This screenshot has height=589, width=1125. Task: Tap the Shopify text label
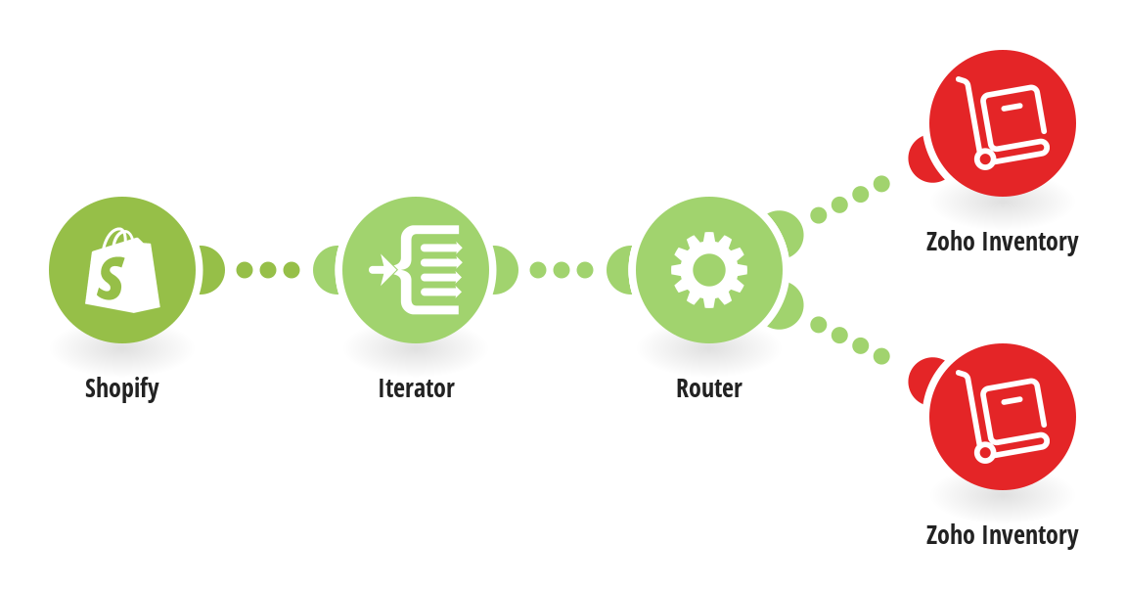tap(122, 388)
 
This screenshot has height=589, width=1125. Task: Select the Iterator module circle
tap(416, 270)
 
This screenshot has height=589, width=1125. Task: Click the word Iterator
tap(416, 388)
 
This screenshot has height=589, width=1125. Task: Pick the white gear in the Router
tap(709, 270)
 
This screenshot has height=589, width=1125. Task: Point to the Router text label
tap(709, 388)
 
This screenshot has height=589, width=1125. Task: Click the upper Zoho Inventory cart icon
tap(1003, 122)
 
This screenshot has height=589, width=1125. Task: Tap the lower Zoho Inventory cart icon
tap(1003, 417)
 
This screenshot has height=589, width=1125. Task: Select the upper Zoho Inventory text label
tap(1003, 242)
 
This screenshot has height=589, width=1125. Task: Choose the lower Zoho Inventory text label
tap(1003, 535)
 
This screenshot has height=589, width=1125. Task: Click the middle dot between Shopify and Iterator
tap(268, 270)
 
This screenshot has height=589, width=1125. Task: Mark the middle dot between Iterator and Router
tap(562, 270)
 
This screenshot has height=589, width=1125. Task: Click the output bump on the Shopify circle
tap(211, 270)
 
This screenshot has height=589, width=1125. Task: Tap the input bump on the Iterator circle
tap(327, 270)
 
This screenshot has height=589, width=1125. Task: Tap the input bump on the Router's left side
tap(620, 270)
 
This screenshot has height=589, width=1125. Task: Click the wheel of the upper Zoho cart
tap(985, 159)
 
